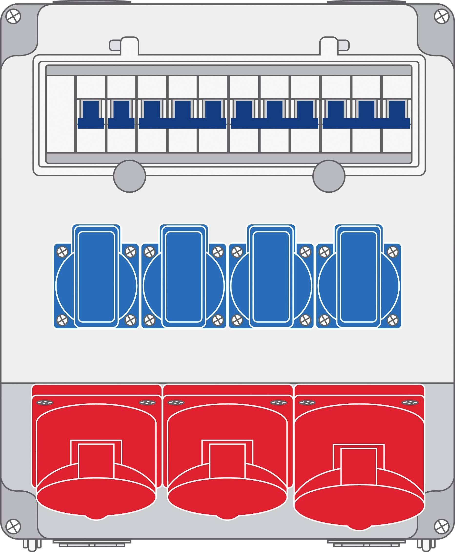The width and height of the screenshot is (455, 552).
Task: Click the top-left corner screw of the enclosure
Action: pos(13,17)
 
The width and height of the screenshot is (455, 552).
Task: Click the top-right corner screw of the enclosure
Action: pos(442,17)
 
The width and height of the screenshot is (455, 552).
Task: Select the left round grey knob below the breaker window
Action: pos(130,176)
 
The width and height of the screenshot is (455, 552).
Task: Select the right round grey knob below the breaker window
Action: pos(329,176)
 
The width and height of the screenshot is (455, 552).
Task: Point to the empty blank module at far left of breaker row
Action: pos(60,114)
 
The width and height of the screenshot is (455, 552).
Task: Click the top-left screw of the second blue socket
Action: pos(150,252)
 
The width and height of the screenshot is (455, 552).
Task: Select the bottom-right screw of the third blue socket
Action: pos(305,320)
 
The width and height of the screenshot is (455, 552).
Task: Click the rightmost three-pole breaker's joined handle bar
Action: pos(366,123)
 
